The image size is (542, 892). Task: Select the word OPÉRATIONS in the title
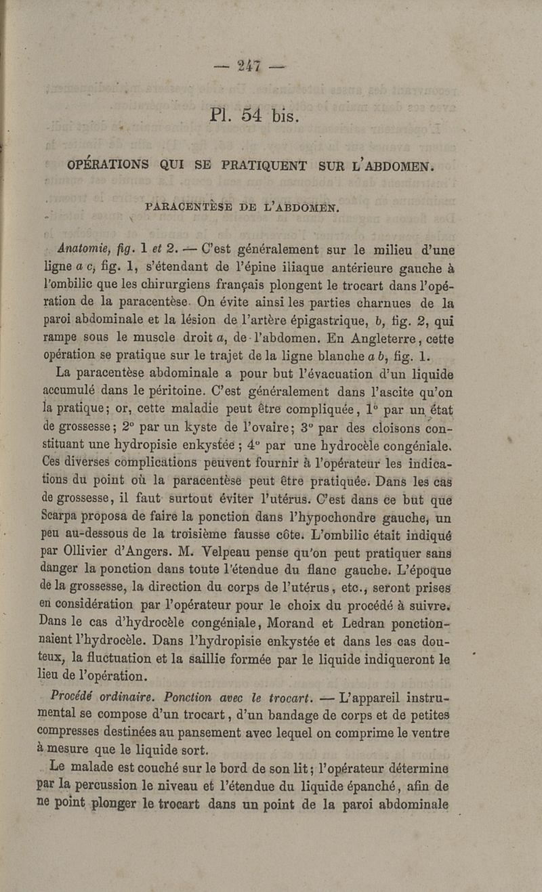tap(109, 165)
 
